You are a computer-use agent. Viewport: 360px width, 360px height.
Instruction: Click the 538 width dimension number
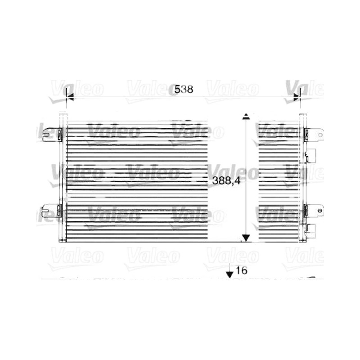coord(184,89)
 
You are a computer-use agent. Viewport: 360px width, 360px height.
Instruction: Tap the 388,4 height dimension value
coord(226,181)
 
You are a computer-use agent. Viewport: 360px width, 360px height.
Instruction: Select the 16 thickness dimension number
coord(242,270)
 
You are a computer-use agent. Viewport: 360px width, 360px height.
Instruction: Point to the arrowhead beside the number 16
coord(229,274)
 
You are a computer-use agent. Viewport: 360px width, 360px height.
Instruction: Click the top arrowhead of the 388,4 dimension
coord(246,116)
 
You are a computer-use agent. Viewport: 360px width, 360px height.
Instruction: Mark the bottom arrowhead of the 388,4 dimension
coord(246,238)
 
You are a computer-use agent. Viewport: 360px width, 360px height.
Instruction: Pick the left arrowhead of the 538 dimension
coord(70,97)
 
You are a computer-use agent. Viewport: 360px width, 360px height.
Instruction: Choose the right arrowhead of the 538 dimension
coord(297,97)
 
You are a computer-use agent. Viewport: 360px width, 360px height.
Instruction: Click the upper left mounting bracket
coord(52,135)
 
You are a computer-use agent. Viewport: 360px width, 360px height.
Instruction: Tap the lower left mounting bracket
coord(52,211)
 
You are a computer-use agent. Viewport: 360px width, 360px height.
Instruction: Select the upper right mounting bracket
coord(314,135)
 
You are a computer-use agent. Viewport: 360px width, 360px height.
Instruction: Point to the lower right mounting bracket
coord(314,211)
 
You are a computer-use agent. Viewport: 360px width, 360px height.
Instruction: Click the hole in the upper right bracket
coord(319,135)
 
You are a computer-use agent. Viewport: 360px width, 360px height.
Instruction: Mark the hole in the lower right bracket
coord(319,211)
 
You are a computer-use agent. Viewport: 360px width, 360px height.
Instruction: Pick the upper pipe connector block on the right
coord(310,156)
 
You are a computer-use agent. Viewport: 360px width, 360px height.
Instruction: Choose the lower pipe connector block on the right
coord(310,231)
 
